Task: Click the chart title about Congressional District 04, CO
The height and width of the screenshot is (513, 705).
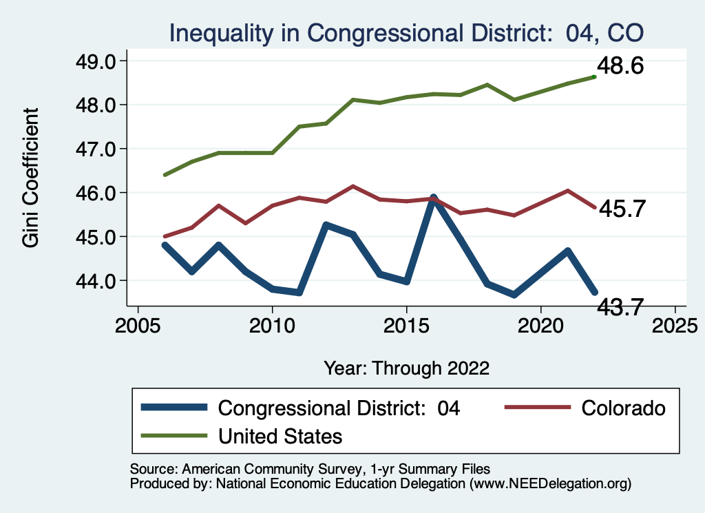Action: click(x=406, y=32)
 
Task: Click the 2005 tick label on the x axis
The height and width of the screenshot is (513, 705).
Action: click(x=138, y=324)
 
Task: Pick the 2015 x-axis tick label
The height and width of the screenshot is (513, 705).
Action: click(x=406, y=324)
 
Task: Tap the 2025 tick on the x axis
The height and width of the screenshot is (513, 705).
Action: click(x=675, y=324)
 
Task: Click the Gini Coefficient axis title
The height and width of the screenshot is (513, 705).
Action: click(x=30, y=178)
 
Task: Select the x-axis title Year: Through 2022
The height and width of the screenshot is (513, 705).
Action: click(x=406, y=368)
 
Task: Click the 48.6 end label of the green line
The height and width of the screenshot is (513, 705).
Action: click(x=620, y=67)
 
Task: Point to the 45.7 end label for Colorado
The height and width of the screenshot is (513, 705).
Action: click(x=621, y=209)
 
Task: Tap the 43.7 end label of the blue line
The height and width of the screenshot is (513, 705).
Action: click(x=621, y=307)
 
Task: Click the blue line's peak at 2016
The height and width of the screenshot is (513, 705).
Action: click(x=433, y=198)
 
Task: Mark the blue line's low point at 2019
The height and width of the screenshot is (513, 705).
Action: click(x=514, y=295)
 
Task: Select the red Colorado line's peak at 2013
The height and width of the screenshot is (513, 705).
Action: click(x=352, y=186)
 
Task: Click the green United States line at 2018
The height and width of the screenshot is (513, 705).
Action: click(x=487, y=85)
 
